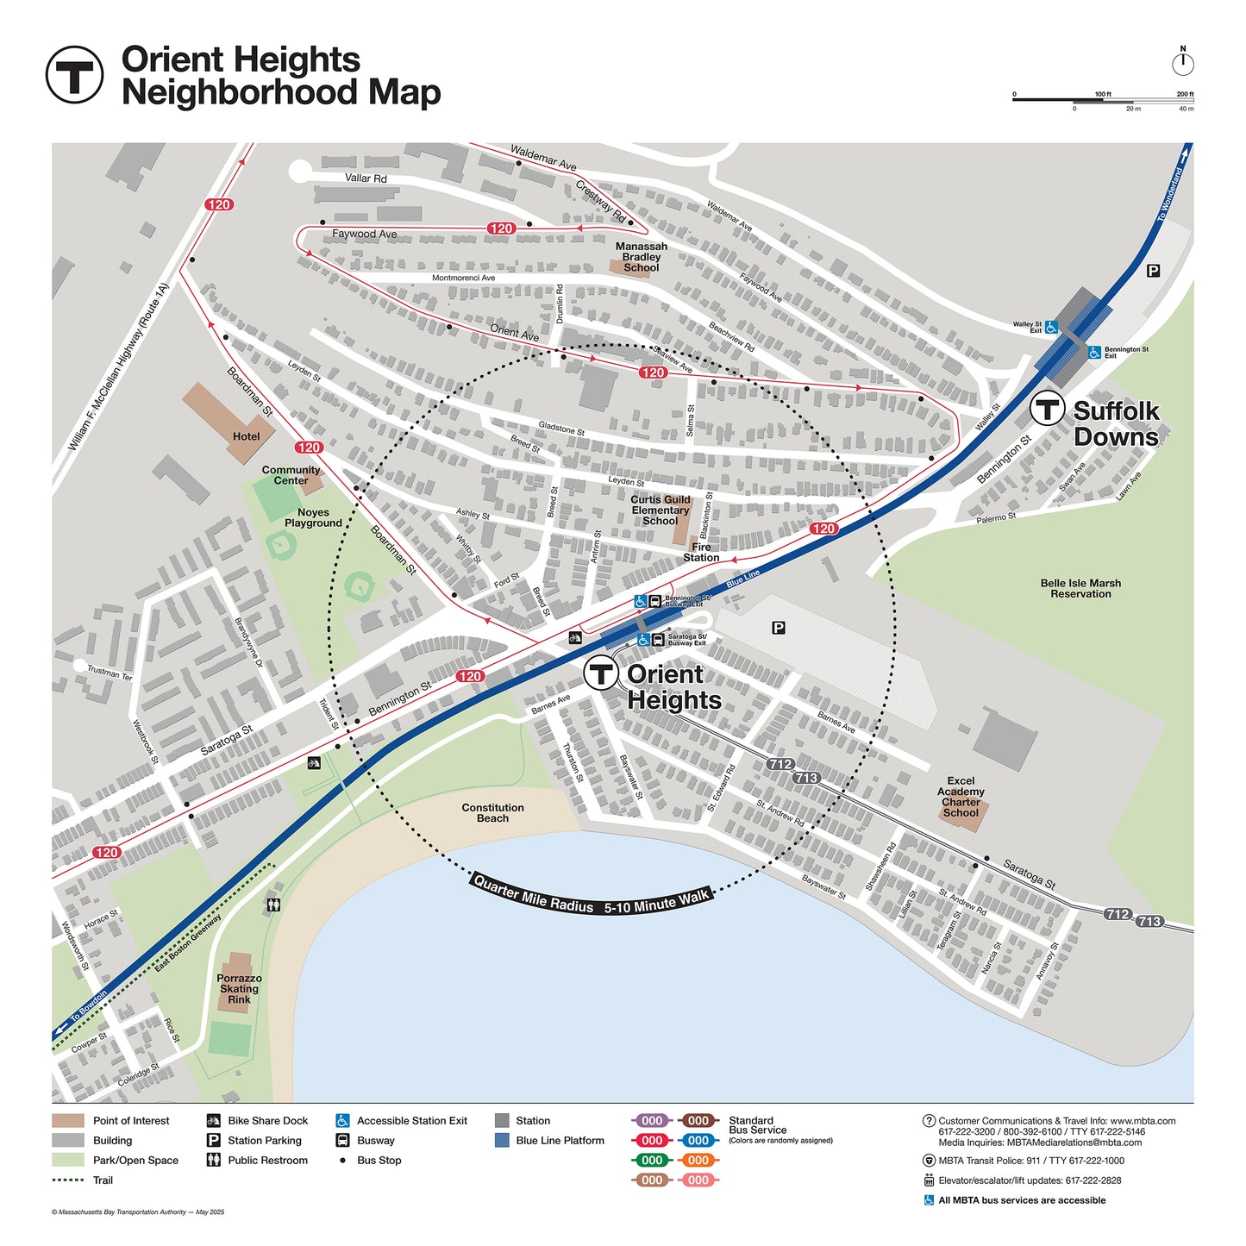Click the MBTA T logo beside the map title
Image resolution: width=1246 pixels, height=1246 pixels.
(x=74, y=75)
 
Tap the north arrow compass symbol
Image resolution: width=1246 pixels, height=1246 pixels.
(x=1182, y=63)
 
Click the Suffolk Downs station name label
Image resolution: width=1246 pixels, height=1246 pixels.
(x=1116, y=423)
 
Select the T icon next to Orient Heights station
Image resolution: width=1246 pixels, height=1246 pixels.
(x=601, y=673)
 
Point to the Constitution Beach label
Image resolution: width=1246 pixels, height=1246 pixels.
(x=492, y=813)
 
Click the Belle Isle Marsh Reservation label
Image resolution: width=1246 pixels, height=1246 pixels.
(x=1080, y=589)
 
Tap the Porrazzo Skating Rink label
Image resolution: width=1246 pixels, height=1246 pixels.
(x=239, y=989)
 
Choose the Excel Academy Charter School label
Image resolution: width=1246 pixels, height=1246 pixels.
(x=961, y=797)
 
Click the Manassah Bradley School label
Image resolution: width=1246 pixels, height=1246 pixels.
(x=641, y=257)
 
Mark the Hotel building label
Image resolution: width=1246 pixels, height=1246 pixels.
(x=246, y=436)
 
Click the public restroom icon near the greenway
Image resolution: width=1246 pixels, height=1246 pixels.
(x=273, y=905)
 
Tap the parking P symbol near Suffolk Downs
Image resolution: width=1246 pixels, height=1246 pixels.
(x=1153, y=271)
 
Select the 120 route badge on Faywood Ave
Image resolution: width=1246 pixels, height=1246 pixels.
(x=501, y=229)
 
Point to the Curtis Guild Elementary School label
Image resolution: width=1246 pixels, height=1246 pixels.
(x=660, y=510)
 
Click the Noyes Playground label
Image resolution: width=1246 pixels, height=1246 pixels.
(x=313, y=517)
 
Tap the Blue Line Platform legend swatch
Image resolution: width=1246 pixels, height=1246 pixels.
(x=502, y=1141)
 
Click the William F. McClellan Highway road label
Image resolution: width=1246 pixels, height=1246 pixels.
(x=118, y=368)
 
